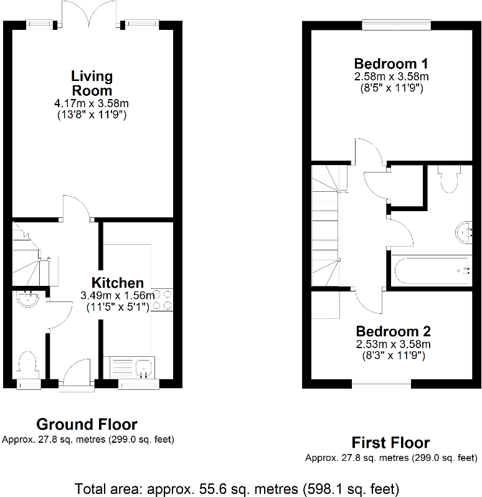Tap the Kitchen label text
118,282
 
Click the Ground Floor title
87,425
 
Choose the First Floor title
390,443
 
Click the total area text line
237,488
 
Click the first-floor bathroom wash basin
465,231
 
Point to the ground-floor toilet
28,364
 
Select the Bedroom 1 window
397,25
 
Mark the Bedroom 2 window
381,384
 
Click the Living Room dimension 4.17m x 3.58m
92,103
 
